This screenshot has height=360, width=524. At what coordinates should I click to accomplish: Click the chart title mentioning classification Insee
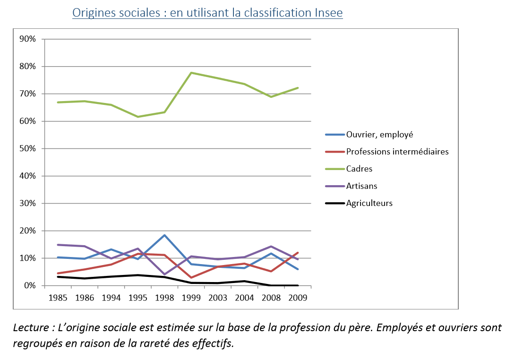tap(207, 13)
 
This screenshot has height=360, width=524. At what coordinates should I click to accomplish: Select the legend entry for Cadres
tap(359, 169)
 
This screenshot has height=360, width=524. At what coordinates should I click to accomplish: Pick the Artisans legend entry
tap(361, 186)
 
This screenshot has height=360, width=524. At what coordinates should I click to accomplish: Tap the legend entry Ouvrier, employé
tap(379, 134)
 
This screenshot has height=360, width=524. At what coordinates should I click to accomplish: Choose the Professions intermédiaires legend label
tap(397, 152)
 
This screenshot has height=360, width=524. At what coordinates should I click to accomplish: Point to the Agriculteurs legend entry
tap(369, 203)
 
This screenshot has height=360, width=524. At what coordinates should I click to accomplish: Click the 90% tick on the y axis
tap(27, 39)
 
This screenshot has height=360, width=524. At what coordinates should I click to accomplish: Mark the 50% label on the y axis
tap(27, 148)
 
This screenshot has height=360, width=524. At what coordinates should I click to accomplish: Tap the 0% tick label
tap(29, 285)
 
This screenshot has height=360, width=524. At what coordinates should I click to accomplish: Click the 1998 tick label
tap(164, 298)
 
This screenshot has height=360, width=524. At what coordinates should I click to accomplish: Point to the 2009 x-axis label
tap(298, 298)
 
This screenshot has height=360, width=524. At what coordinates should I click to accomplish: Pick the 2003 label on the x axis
tap(218, 298)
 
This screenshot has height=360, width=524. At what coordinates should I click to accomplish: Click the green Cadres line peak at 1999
tap(191, 72)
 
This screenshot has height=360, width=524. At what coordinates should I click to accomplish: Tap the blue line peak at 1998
tap(164, 235)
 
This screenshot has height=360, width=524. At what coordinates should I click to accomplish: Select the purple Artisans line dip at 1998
tap(164, 274)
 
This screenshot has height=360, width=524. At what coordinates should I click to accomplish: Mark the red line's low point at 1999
tap(191, 277)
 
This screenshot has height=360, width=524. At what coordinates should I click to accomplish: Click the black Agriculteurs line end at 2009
tap(298, 285)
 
